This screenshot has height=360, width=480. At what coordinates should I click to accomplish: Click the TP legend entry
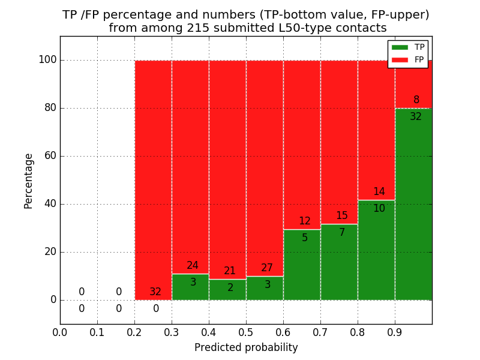[x=408, y=47]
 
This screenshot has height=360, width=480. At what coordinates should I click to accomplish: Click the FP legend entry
[x=408, y=60]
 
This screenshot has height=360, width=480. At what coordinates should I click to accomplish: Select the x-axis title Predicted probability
[x=246, y=347]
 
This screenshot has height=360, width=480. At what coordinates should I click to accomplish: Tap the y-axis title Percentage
[x=29, y=181]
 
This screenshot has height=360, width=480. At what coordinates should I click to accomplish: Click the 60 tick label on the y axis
[x=50, y=156]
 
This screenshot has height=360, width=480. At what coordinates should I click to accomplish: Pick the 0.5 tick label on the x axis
[x=246, y=332]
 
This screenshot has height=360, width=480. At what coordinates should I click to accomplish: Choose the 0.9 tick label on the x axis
[x=395, y=332]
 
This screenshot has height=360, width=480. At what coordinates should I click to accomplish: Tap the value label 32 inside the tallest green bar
[x=416, y=117]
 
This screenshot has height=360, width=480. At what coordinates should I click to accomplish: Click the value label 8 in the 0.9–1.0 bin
[x=416, y=100]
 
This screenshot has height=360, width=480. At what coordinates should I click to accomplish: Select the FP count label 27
[x=267, y=268]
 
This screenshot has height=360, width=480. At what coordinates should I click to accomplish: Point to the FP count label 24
[x=193, y=266]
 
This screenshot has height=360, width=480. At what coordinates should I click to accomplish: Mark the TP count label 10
[x=379, y=209]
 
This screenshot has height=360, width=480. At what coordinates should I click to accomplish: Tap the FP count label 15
[x=342, y=216]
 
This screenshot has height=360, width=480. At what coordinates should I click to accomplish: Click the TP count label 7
[x=342, y=233]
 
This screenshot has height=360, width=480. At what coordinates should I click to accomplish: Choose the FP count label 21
[x=230, y=271]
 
